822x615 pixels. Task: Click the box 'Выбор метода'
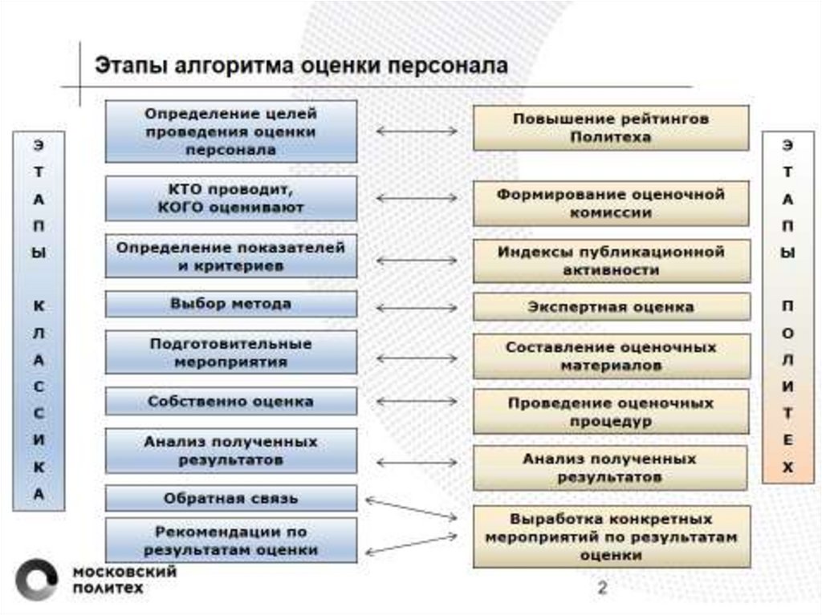click(231, 305)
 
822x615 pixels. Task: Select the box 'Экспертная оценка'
click(611, 307)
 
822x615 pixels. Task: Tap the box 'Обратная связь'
click(231, 499)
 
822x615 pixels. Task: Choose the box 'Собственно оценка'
click(231, 402)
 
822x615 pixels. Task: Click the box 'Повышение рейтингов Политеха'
click(611, 128)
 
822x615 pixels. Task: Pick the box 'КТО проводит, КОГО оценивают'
click(231, 199)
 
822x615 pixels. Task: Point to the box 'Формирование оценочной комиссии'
click(611, 204)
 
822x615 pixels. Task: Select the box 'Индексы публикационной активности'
click(611, 261)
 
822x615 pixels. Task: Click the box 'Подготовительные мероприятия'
click(231, 353)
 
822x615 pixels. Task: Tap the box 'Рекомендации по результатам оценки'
click(231, 540)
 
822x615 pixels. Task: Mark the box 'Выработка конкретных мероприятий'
click(611, 536)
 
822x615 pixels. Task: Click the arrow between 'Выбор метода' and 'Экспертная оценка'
click(416, 307)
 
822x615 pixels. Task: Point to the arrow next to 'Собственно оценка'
click(416, 402)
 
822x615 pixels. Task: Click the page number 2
click(601, 589)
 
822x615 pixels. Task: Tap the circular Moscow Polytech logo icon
click(37, 580)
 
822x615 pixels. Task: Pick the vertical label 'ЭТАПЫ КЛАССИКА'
click(39, 321)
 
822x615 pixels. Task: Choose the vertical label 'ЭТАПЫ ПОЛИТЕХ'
click(787, 307)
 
